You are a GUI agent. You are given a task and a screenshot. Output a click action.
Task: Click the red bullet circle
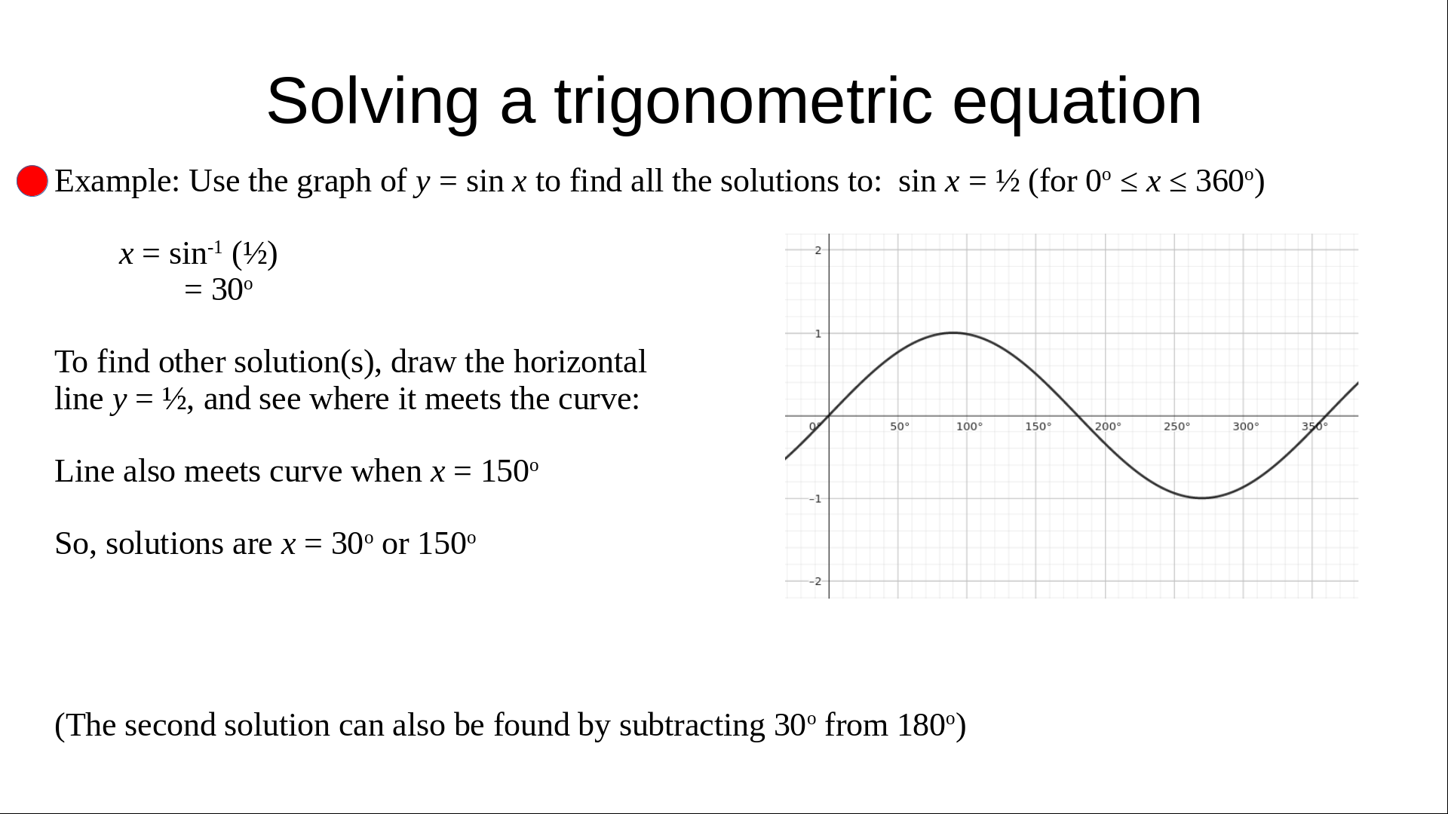tap(32, 181)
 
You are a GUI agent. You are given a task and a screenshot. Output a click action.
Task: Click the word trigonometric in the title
tap(744, 101)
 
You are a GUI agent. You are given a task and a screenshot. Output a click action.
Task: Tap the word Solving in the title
tap(373, 101)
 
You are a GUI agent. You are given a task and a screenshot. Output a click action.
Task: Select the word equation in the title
tap(1077, 101)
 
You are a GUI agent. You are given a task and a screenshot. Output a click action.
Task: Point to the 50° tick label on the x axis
tap(900, 427)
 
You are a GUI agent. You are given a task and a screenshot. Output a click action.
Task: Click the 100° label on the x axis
tap(969, 427)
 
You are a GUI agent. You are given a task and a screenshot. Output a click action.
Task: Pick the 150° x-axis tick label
tap(1038, 427)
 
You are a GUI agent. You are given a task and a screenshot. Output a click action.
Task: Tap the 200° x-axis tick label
tap(1108, 427)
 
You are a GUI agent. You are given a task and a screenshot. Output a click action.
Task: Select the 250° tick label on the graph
tap(1176, 427)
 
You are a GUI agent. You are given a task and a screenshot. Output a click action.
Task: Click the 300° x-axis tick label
tap(1246, 427)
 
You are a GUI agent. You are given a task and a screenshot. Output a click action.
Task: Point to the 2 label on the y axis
tap(818, 250)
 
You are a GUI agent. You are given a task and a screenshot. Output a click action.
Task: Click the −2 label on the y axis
tap(816, 581)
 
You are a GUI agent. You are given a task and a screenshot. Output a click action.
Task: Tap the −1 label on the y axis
tap(816, 499)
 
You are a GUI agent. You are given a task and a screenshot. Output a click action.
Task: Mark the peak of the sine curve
tap(953, 332)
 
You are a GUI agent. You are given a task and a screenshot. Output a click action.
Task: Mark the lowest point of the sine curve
tap(1201, 498)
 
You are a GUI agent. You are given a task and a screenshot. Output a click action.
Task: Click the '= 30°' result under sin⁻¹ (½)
tap(218, 290)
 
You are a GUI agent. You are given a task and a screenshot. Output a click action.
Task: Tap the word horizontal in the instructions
tap(580, 362)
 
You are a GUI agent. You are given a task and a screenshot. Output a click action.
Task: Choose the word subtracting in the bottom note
tap(692, 726)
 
